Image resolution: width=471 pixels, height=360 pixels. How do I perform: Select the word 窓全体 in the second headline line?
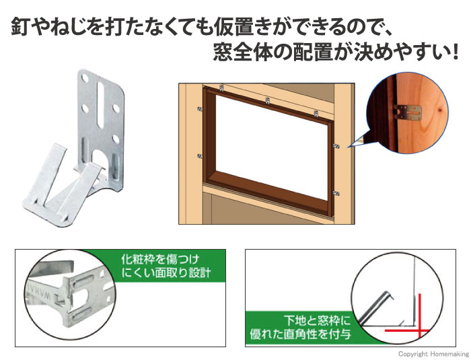click(x=243, y=52)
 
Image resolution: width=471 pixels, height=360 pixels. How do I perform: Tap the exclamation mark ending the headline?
click(x=455, y=52)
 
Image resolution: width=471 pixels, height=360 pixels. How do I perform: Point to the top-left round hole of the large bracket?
click(x=85, y=79)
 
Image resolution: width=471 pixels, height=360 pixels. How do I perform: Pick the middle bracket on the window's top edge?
click(x=267, y=100)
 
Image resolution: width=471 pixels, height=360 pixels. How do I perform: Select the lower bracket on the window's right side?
click(x=336, y=192)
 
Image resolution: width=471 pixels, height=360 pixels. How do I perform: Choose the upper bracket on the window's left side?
click(x=199, y=109)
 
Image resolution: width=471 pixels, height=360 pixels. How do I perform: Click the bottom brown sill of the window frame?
click(x=267, y=192)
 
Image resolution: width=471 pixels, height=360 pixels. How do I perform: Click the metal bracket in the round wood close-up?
click(x=407, y=112)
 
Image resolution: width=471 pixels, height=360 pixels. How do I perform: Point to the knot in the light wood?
click(x=439, y=110)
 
